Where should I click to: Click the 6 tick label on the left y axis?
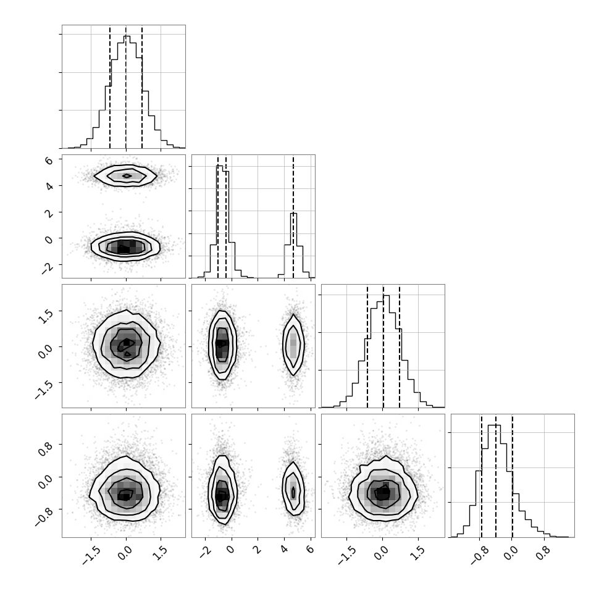[x=49, y=161]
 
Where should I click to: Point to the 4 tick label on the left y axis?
[x=49, y=187]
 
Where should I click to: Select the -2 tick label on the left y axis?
[x=48, y=268]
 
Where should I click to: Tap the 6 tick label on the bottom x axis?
[x=310, y=549]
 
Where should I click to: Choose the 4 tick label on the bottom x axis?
[x=284, y=549]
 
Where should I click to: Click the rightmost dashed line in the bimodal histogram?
[x=293, y=217]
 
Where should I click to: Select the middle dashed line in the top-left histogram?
[x=126, y=87]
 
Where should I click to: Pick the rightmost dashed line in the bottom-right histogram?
[x=512, y=476]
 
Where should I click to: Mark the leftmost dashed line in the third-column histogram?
[x=367, y=346]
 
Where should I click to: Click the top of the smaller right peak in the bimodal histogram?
[x=293, y=213]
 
